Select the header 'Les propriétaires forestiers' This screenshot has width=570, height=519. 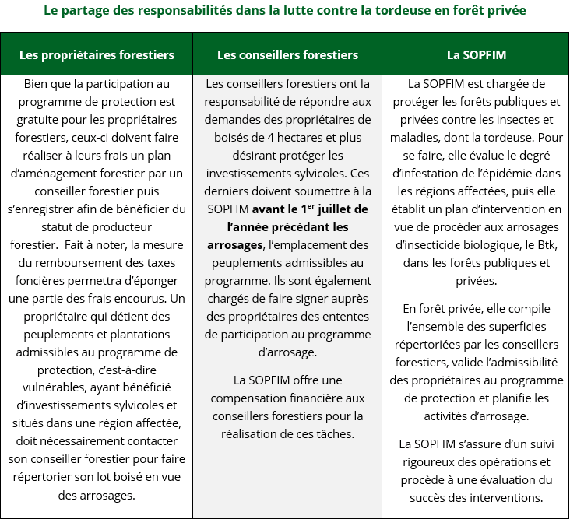click(x=97, y=54)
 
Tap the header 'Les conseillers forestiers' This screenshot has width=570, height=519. click(x=287, y=54)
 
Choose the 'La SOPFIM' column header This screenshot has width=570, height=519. click(x=475, y=54)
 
